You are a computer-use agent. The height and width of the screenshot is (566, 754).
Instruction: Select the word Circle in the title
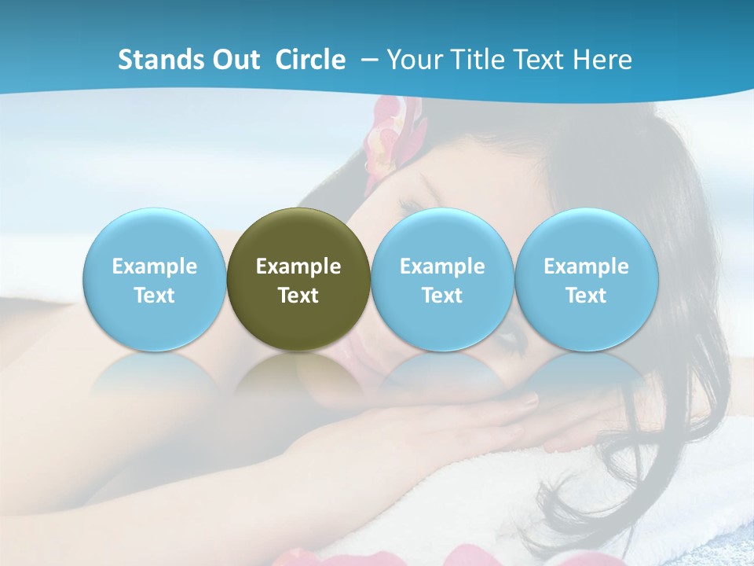click(310, 60)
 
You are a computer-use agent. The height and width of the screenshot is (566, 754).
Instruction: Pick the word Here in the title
click(603, 60)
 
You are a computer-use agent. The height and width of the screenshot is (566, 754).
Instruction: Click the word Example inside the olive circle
click(298, 266)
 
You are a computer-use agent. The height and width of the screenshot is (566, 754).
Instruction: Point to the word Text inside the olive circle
click(298, 296)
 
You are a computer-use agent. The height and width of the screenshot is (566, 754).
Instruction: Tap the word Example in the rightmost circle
click(587, 266)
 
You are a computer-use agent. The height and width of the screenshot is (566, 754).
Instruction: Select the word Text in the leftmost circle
click(155, 296)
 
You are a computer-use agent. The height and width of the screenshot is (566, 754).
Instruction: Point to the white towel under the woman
click(503, 487)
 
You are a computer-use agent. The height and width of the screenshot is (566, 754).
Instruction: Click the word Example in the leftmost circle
click(155, 266)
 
